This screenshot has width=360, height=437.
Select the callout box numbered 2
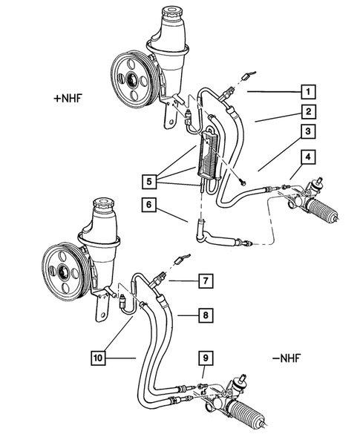pyautogui.click(x=305, y=113)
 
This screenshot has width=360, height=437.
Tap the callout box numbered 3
pyautogui.click(x=305, y=134)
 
